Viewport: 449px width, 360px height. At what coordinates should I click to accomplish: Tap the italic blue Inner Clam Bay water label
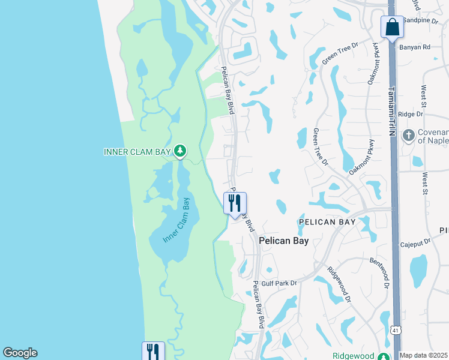pyautogui.click(x=176, y=220)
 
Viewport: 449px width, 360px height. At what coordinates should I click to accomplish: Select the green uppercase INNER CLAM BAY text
pyautogui.click(x=137, y=151)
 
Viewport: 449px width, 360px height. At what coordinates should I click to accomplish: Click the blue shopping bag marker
pyautogui.click(x=392, y=27)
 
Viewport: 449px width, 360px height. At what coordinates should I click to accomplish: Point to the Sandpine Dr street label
pyautogui.click(x=421, y=20)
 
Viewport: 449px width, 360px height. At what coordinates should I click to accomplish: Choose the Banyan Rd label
pyautogui.click(x=418, y=46)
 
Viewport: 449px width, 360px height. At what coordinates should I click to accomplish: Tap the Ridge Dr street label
pyautogui.click(x=411, y=113)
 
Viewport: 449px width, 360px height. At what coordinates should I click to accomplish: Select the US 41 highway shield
pyautogui.click(x=395, y=329)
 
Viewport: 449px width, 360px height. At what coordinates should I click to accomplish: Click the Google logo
pyautogui.click(x=20, y=353)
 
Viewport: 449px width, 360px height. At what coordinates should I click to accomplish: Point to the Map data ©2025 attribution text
pyautogui.click(x=424, y=355)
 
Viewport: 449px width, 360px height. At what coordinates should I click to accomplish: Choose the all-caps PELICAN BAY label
pyautogui.click(x=327, y=222)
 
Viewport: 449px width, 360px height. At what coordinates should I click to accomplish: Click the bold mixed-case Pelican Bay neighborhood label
pyautogui.click(x=284, y=241)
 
